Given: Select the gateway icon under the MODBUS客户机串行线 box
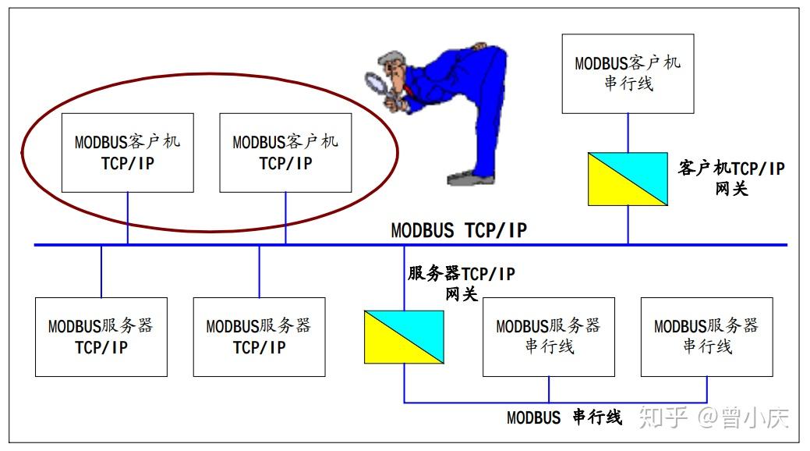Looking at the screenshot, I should pos(628,179).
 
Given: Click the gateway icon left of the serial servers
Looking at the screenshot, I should pos(404,337).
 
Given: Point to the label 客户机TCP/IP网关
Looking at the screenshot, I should pos(730,178).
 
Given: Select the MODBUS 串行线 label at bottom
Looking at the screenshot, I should pos(564,417).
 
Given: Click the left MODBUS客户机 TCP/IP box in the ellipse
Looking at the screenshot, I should pos(128,153).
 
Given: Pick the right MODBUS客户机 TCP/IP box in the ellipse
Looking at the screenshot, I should pos(285,153).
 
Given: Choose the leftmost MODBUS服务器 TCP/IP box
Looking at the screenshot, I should pos(101,337).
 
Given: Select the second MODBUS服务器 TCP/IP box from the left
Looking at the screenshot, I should pos(259,337).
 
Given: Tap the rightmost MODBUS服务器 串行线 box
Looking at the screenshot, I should pos(707,336).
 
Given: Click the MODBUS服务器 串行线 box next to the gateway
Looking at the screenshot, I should pos(549,336).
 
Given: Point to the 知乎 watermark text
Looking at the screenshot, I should pos(663,417).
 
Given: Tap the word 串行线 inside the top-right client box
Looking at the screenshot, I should pos(628,83).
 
